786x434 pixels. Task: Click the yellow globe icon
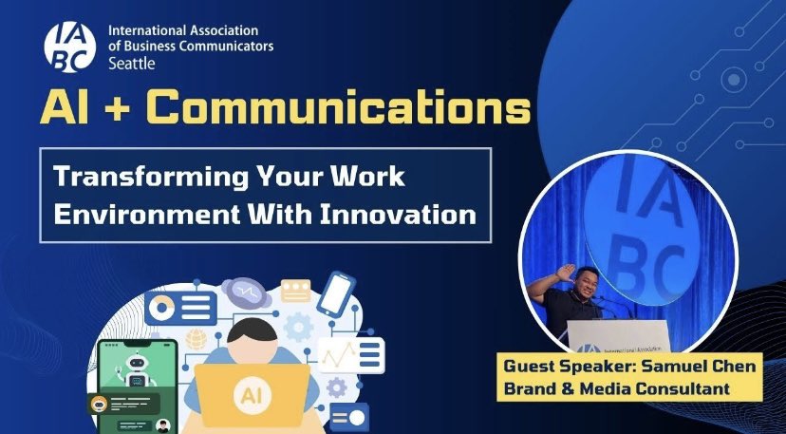point(196,339)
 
